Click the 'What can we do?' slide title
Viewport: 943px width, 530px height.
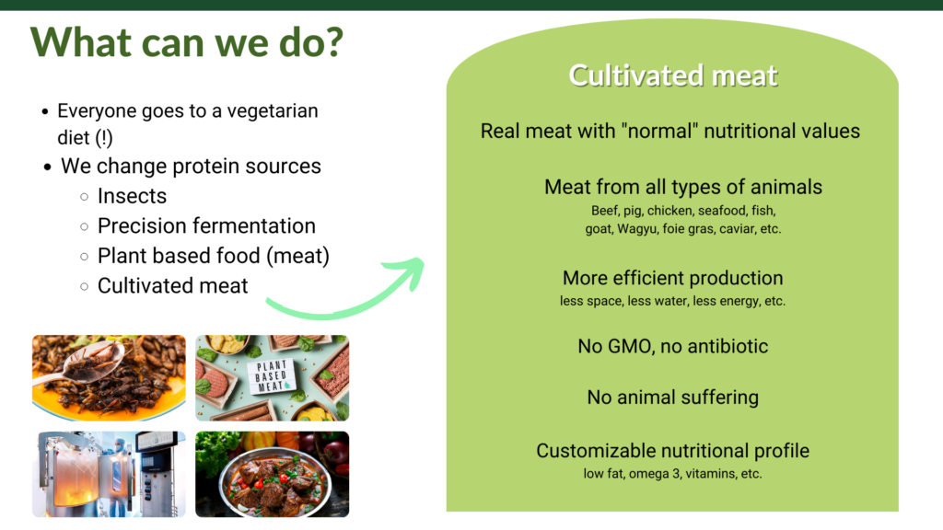coord(186,43)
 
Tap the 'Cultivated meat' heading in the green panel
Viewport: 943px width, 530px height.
coord(673,75)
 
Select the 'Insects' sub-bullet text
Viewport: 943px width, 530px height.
coord(132,196)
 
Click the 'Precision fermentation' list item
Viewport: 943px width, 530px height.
coord(206,226)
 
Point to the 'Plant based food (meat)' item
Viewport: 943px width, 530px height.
coord(214,256)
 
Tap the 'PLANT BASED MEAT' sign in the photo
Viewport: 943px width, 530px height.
coord(271,376)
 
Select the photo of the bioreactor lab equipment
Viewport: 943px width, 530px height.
coord(109,474)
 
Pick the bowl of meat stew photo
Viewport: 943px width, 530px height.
coord(273,474)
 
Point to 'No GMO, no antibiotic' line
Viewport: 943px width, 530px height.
coord(673,346)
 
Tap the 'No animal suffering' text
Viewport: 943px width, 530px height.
coord(673,397)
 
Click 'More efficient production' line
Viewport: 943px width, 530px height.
coord(673,278)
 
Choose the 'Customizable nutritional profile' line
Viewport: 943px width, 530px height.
coord(673,451)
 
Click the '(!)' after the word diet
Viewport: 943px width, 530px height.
coord(104,138)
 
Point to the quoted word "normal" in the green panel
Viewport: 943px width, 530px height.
coord(659,131)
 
